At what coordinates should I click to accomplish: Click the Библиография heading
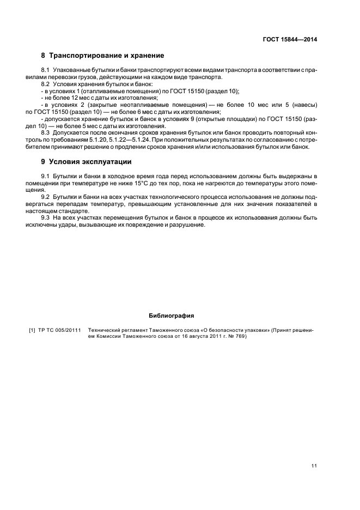coord(172,315)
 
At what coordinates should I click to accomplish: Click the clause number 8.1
coord(45,71)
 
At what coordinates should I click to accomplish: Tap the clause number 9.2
coord(45,196)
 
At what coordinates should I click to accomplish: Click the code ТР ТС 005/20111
coord(59,330)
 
